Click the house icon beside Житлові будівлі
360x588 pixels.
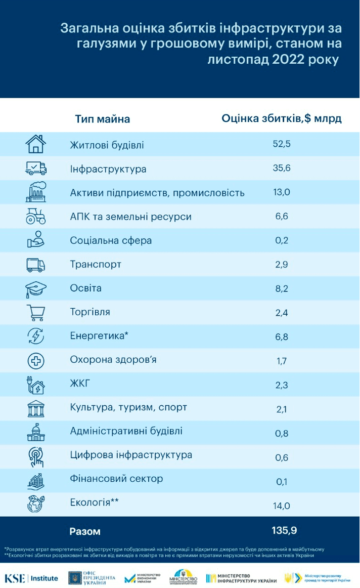36,144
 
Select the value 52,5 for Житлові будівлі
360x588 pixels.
282,144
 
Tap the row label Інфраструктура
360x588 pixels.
108,169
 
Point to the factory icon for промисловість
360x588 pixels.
36,192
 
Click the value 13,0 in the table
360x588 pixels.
282,192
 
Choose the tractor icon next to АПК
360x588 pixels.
36,216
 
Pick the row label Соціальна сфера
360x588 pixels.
111,240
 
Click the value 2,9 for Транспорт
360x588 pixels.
282,265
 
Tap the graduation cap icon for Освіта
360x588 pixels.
36,288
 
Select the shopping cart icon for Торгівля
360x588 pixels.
36,313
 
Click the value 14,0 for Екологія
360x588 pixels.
282,506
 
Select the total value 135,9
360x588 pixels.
284,530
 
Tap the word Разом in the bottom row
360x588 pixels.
85,531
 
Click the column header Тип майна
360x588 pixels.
103,119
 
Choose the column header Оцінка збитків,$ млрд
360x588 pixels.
282,119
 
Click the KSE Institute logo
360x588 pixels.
31,578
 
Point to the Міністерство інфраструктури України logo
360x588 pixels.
241,578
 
